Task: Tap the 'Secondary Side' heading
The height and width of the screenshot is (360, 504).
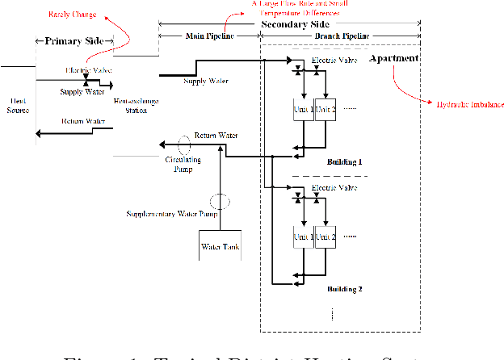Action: [x=292, y=25]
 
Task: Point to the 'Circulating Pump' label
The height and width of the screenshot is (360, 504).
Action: [x=183, y=164]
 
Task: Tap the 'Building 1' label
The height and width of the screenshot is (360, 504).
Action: [x=344, y=162]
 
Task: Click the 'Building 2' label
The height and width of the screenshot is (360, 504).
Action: [x=344, y=288]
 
